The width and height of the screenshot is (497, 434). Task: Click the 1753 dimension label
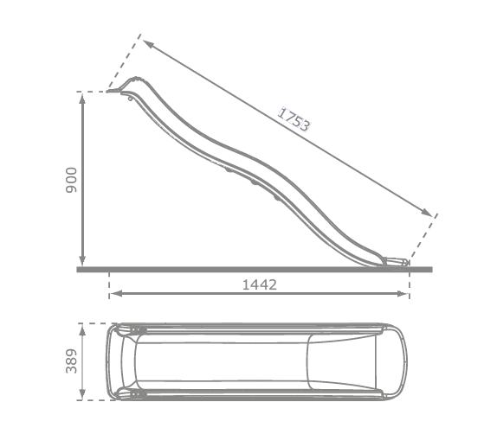point(294,119)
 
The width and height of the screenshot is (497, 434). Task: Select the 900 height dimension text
point(71,180)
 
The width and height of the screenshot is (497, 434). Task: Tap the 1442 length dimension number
point(260,285)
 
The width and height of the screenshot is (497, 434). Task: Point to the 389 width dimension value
point(71,361)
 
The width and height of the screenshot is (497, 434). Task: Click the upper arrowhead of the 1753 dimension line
point(149,44)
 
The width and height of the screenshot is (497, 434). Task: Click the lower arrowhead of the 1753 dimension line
point(426,212)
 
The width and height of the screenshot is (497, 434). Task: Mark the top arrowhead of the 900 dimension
point(82,99)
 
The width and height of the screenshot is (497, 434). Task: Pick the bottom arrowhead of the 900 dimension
point(82,259)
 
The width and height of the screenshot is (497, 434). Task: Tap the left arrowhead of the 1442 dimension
point(116,294)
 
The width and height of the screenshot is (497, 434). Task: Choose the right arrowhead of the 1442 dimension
point(403,294)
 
